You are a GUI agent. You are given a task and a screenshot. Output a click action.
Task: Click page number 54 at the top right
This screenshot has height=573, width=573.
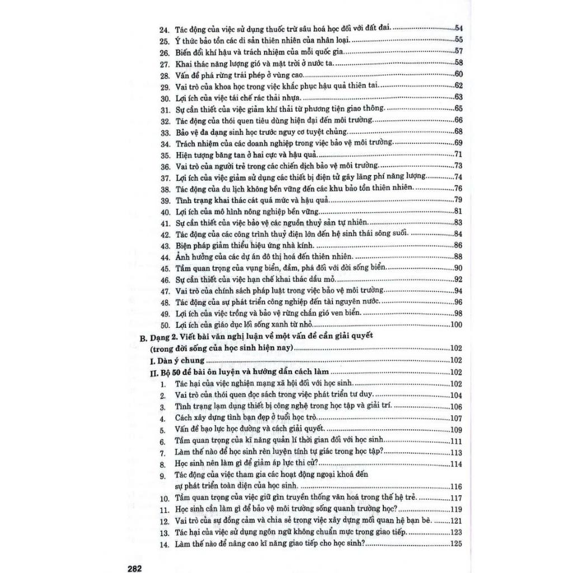(x=458, y=28)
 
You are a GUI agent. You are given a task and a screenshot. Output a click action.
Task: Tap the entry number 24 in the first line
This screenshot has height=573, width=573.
(x=164, y=29)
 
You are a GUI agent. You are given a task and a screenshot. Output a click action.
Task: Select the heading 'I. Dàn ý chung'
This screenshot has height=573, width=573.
(x=172, y=361)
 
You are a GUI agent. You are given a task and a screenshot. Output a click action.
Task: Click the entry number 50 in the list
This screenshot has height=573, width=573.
(x=165, y=325)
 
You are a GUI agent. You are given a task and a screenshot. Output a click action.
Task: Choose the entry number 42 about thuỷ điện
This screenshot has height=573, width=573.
(x=164, y=234)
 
